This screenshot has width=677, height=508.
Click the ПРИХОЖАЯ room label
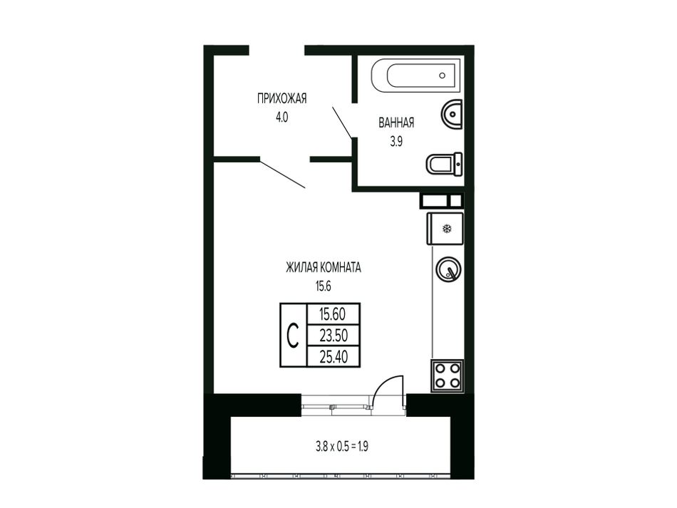281,98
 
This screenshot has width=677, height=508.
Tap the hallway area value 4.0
281,117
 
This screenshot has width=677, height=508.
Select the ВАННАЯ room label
396,123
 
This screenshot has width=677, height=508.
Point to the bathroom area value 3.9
396,142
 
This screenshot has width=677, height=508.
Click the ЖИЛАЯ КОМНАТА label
324,268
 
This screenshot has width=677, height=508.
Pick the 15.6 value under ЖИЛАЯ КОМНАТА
324,286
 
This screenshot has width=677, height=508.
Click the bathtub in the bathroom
415,76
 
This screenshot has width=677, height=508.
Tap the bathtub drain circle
442,76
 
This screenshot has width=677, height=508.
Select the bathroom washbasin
452,115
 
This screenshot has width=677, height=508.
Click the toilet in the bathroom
445,164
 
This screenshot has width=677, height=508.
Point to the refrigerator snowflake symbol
447,228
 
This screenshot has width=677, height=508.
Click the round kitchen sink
448,269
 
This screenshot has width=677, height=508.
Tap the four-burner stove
447,376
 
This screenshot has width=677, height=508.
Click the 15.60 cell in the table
333,313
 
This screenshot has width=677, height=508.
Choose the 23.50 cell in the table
333,335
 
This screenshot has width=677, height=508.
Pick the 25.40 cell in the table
333,356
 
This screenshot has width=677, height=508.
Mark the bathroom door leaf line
342,123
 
